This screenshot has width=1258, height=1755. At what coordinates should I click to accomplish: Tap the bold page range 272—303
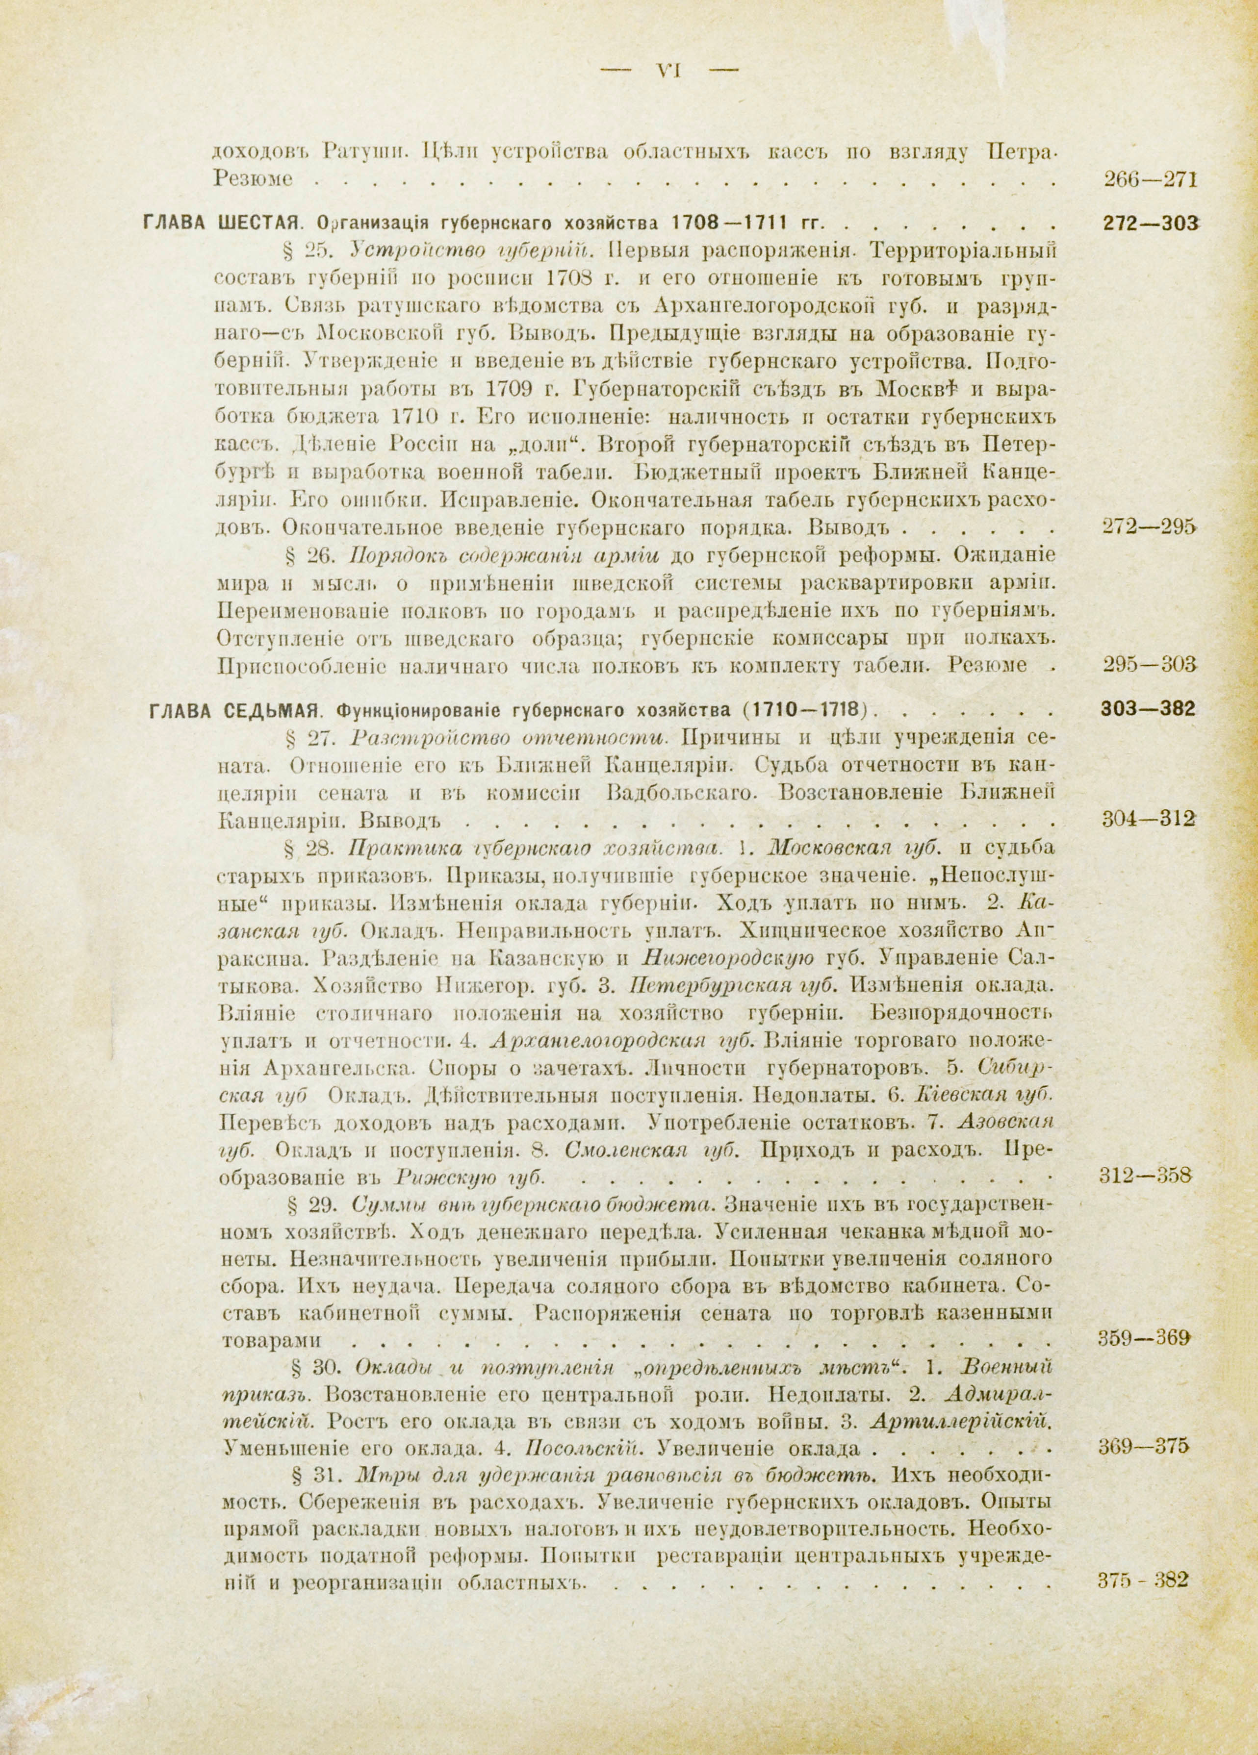point(1149,225)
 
